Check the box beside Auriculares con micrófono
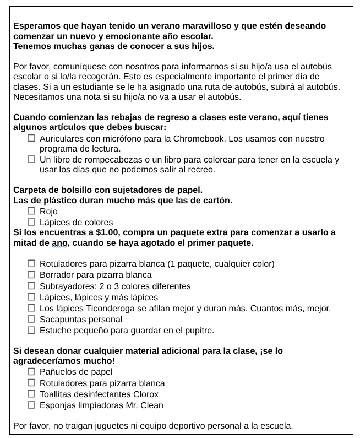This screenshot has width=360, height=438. pyautogui.click(x=31, y=138)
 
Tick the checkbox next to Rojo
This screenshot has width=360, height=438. pyautogui.click(x=31, y=211)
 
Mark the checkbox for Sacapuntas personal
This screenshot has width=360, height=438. pyautogui.click(x=31, y=319)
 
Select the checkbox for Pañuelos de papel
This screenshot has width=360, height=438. pyautogui.click(x=31, y=371)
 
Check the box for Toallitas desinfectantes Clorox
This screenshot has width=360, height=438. pyautogui.click(x=31, y=394)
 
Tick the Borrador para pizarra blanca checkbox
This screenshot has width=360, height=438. pyautogui.click(x=31, y=274)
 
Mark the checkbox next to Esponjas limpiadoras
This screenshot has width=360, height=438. pyautogui.click(x=31, y=405)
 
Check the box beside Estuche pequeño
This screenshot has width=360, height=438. pyautogui.click(x=31, y=330)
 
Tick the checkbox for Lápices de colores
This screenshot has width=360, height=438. pyautogui.click(x=31, y=222)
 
